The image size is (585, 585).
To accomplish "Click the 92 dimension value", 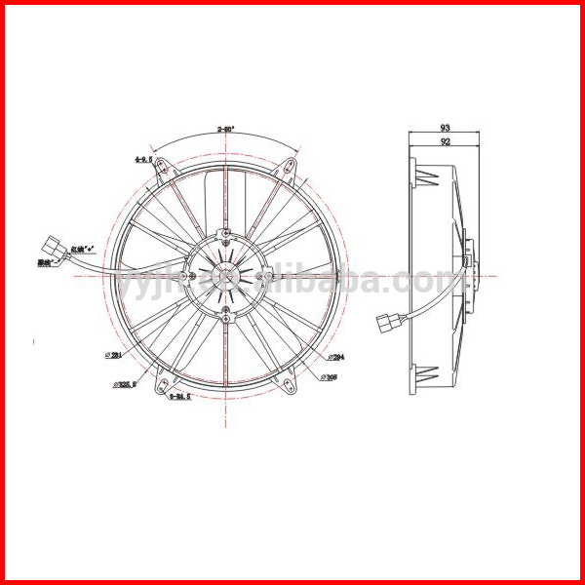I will [445, 142].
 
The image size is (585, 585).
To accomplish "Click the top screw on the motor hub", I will [226, 234].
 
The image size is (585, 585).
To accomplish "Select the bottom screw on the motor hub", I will [226, 312].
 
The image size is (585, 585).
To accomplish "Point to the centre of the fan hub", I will [226, 276].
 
